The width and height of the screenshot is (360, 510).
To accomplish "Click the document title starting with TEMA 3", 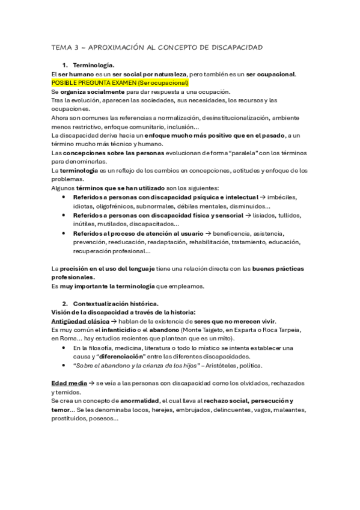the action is click(x=156, y=47).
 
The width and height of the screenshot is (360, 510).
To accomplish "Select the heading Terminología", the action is click(x=94, y=64).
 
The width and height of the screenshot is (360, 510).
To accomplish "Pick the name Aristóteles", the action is click(x=230, y=365).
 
